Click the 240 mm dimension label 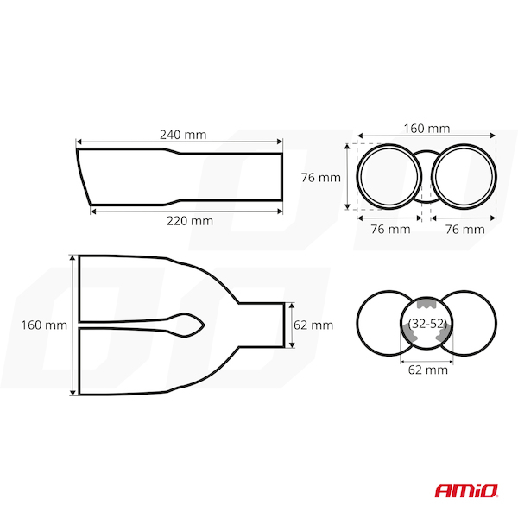pyautogui.click(x=183, y=135)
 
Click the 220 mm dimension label pyautogui.click(x=190, y=221)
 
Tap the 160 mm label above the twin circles pyautogui.click(x=426, y=128)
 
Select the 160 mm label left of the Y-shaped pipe pyautogui.click(x=44, y=325)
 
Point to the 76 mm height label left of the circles pyautogui.click(x=321, y=178)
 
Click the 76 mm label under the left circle pyautogui.click(x=390, y=229)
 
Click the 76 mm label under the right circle pyautogui.click(x=464, y=229)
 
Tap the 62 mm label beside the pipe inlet pyautogui.click(x=313, y=325)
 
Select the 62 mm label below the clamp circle pyautogui.click(x=428, y=370)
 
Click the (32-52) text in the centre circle pyautogui.click(x=427, y=324)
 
